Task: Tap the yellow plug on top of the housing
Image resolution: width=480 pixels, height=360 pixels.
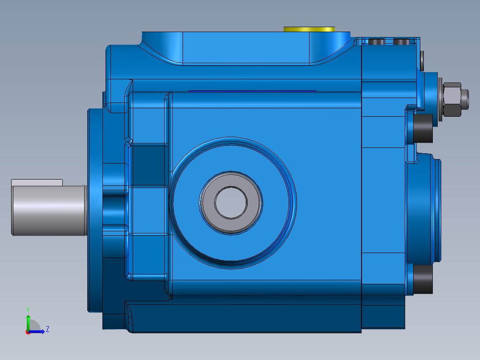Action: click(309, 29)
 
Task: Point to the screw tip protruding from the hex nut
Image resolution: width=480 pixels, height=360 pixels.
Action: click(464, 99)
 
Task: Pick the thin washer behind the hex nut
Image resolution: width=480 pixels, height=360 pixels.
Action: click(441, 99)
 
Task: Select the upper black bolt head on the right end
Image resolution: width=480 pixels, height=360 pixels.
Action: click(423, 128)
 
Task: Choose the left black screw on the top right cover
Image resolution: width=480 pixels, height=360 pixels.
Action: click(377, 42)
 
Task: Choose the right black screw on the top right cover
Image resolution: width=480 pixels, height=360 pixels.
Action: click(402, 42)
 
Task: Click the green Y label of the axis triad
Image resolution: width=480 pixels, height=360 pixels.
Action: click(28, 309)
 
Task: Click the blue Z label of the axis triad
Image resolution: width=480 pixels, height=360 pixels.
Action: click(47, 329)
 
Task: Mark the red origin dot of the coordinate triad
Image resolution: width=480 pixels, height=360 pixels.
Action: click(28, 332)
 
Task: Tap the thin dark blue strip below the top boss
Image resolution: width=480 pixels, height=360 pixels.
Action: click(252, 91)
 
